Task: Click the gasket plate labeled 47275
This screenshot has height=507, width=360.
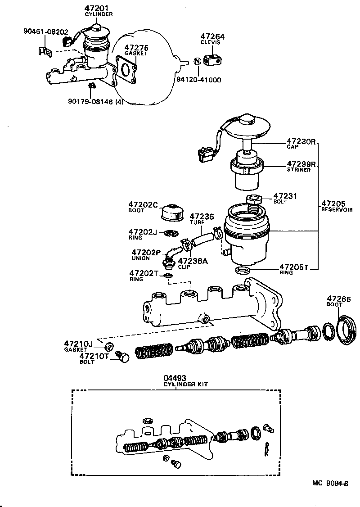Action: (x=127, y=69)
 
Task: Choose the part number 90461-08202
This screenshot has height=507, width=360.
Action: (x=45, y=32)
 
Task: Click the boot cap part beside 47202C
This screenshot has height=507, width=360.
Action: (x=171, y=213)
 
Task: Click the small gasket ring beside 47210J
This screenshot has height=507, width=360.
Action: (x=108, y=348)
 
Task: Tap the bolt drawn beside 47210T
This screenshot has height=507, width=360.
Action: (x=122, y=357)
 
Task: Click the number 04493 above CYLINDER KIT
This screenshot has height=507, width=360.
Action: (x=175, y=378)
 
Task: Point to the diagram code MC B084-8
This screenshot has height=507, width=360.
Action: (x=330, y=483)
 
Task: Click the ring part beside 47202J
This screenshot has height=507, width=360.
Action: (x=171, y=233)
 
